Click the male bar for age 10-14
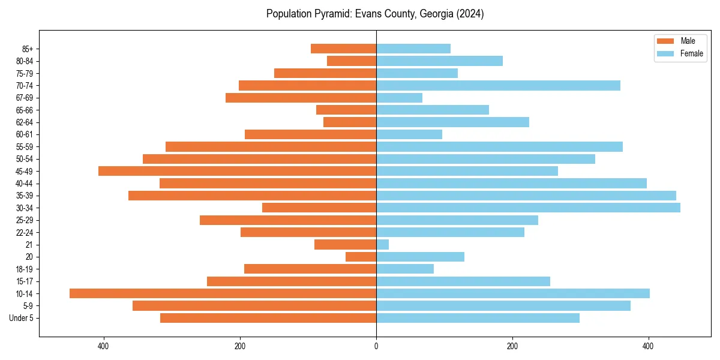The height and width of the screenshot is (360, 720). (223, 293)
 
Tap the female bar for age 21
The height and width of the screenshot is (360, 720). (382, 244)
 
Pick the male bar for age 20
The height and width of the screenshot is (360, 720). (361, 257)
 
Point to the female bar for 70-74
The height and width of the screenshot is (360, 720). (498, 85)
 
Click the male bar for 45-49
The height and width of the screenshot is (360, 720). (237, 171)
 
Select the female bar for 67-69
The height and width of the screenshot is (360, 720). (399, 98)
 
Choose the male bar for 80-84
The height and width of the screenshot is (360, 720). (352, 61)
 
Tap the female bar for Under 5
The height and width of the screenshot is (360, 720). (478, 318)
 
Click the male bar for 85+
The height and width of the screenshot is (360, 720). (343, 49)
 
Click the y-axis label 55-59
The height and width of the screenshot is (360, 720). (25, 146)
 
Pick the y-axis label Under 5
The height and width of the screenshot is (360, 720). (22, 318)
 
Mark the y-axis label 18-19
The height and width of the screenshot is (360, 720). (25, 269)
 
